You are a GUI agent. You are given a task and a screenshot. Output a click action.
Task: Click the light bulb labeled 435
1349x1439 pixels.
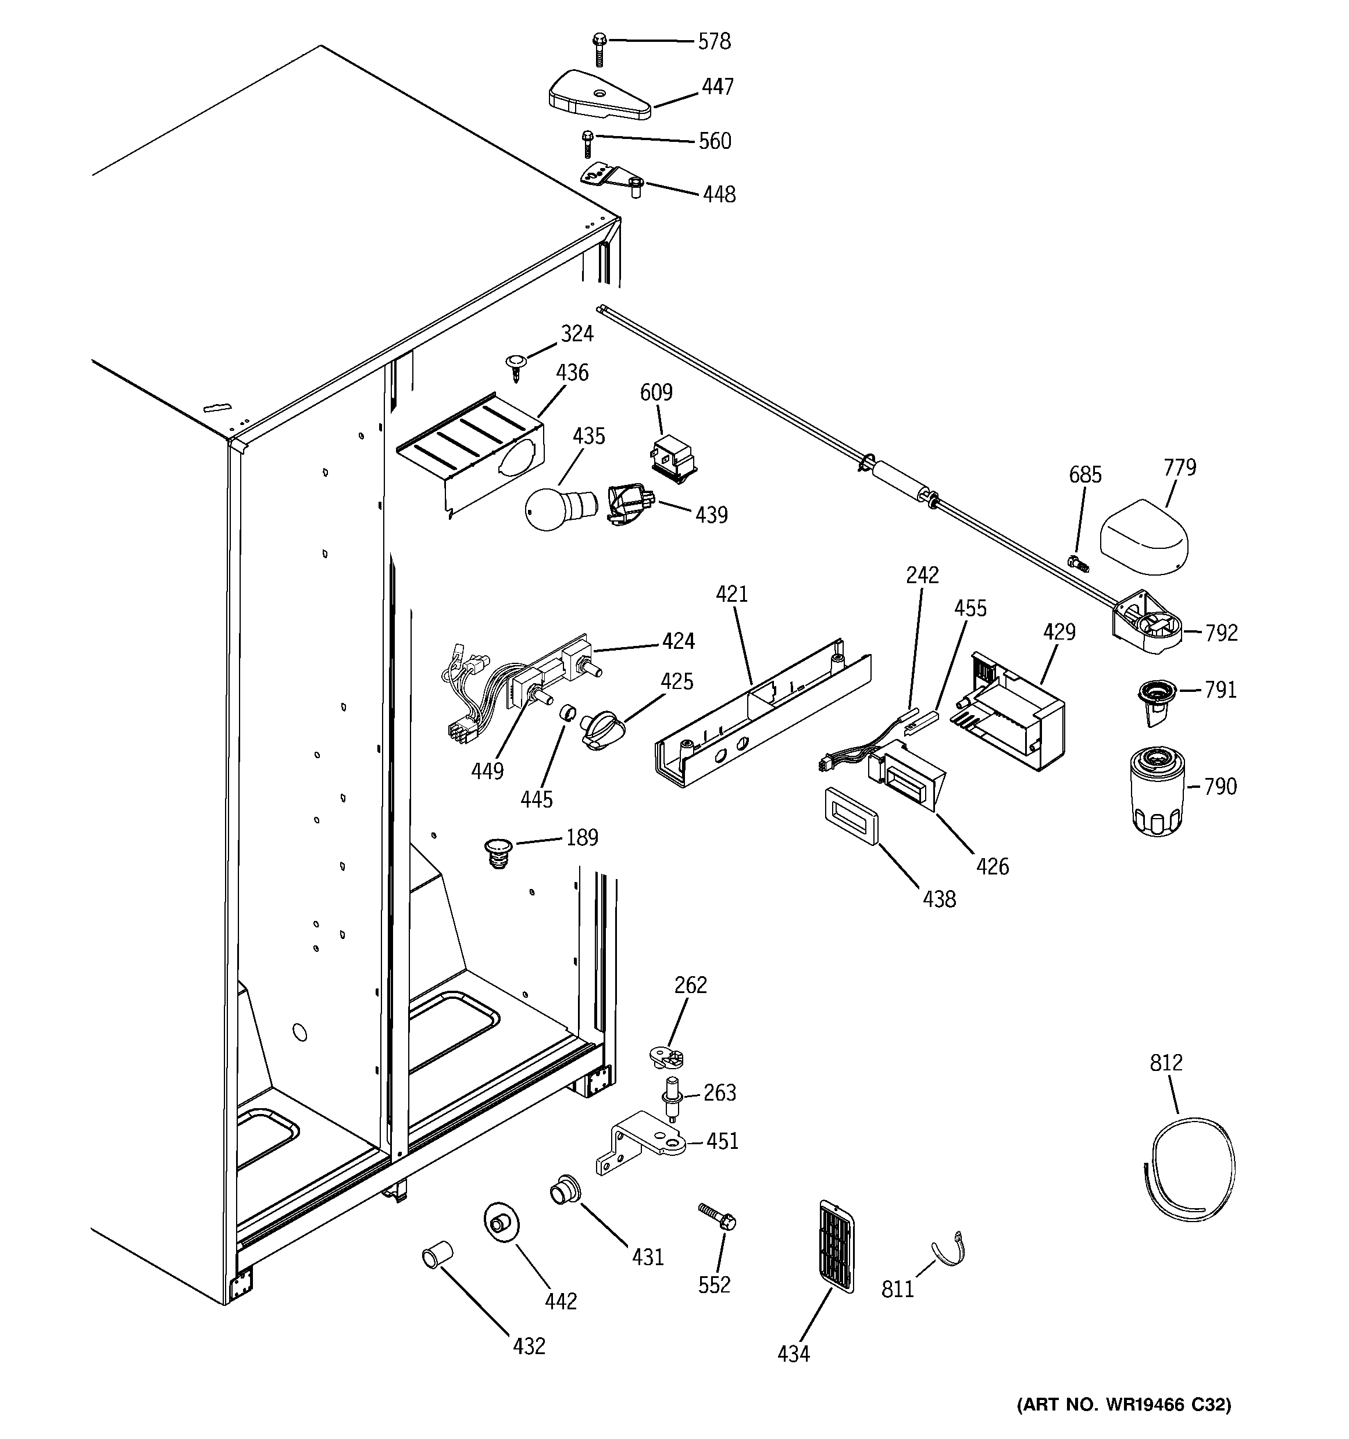[556, 508]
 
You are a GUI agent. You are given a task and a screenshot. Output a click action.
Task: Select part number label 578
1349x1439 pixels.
[714, 42]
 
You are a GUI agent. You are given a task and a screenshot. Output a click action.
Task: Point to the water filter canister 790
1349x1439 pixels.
[1157, 792]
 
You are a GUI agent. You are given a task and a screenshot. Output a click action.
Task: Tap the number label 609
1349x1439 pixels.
[656, 392]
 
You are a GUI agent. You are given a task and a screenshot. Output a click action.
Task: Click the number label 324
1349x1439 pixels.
[577, 334]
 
